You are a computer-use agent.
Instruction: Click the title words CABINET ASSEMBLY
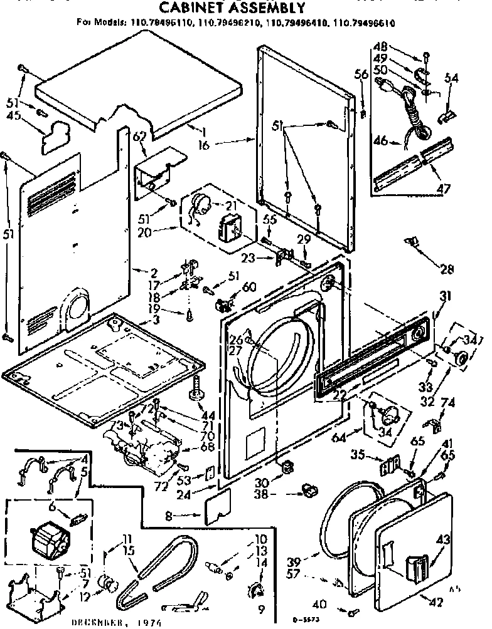tap(232, 8)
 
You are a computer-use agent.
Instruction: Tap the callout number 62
tap(139, 135)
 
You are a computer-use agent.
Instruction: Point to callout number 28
tap(446, 269)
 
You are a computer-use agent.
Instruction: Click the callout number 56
tap(361, 74)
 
